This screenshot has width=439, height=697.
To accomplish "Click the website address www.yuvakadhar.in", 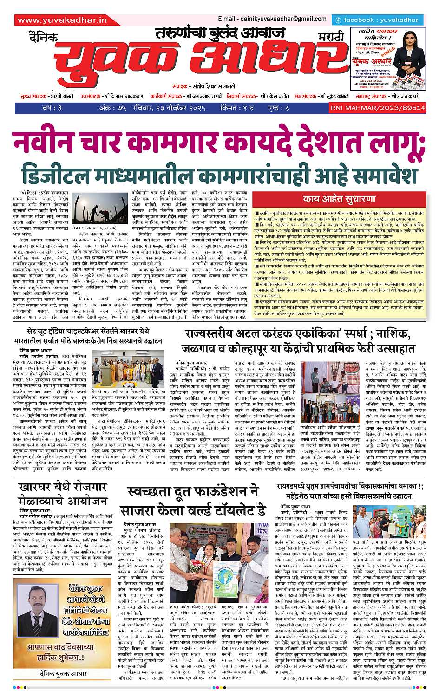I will click(x=62, y=20).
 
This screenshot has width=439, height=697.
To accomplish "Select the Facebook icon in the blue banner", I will click(x=339, y=20).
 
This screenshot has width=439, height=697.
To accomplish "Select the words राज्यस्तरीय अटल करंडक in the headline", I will click(x=240, y=334).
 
